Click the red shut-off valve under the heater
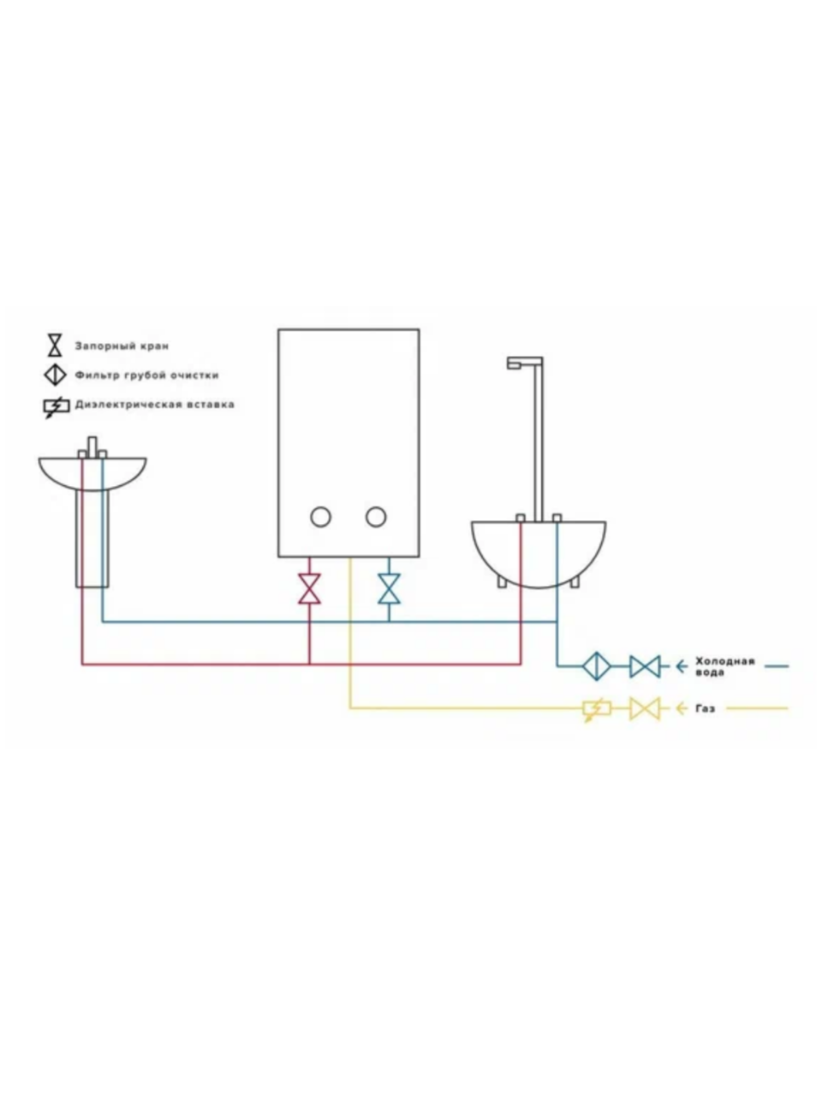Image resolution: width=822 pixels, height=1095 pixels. point(309,589)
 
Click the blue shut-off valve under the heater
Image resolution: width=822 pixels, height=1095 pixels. point(389,589)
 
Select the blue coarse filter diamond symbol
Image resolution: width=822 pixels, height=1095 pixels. point(594,666)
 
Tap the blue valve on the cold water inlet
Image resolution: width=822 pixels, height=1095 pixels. point(645,666)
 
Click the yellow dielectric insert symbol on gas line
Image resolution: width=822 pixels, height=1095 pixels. point(596,708)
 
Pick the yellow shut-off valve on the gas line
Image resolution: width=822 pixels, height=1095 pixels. point(645,708)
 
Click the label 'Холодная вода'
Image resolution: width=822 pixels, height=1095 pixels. point(724,666)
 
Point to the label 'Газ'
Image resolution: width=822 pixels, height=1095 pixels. point(706,709)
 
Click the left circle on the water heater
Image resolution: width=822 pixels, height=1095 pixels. point(320,517)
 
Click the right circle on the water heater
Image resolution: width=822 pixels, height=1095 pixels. point(376,517)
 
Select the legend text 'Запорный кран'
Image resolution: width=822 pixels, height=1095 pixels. point(122,346)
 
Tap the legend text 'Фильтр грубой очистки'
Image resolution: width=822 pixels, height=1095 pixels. point(146,376)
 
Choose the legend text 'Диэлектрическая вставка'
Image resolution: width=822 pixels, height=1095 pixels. point(154,405)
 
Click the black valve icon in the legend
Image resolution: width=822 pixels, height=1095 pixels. point(56,346)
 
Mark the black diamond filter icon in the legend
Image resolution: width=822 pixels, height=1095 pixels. point(56,375)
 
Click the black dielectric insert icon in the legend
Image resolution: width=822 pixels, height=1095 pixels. point(56,406)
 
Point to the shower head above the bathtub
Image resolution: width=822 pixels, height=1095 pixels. point(515,364)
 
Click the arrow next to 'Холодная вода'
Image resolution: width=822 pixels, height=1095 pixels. point(682,666)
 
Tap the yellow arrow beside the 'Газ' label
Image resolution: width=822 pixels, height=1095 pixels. point(682,708)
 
